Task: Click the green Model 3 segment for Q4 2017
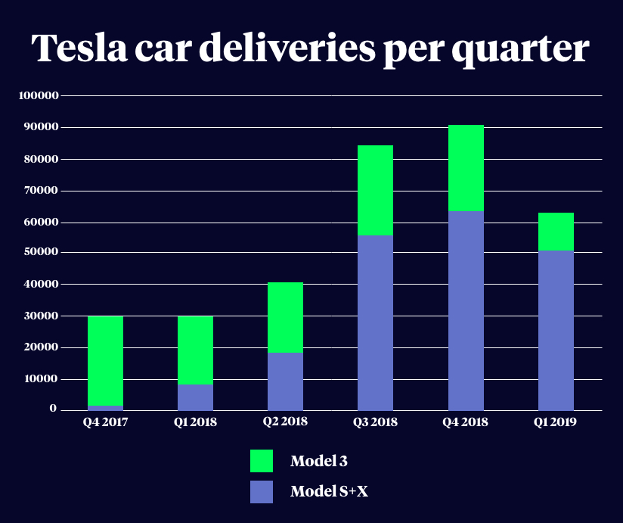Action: tap(105, 360)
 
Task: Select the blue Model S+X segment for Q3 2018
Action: tap(375, 323)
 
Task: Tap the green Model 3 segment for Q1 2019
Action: tap(556, 232)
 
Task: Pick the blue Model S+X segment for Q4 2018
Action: tap(466, 310)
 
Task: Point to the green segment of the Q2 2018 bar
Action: tap(285, 317)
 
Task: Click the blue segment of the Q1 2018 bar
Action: tap(195, 397)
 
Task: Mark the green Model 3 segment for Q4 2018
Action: tap(466, 168)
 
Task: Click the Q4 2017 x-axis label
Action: tap(105, 422)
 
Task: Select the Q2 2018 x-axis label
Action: tap(285, 422)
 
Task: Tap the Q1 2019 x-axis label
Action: tap(556, 422)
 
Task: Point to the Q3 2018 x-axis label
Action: tap(375, 422)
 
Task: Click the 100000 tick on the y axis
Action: tap(38, 96)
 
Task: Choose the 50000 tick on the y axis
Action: tap(41, 252)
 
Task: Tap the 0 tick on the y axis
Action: tap(54, 409)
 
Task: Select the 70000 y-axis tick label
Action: tap(41, 191)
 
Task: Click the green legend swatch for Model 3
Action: tap(262, 461)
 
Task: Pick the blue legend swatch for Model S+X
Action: tap(262, 492)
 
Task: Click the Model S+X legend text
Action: tap(329, 492)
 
